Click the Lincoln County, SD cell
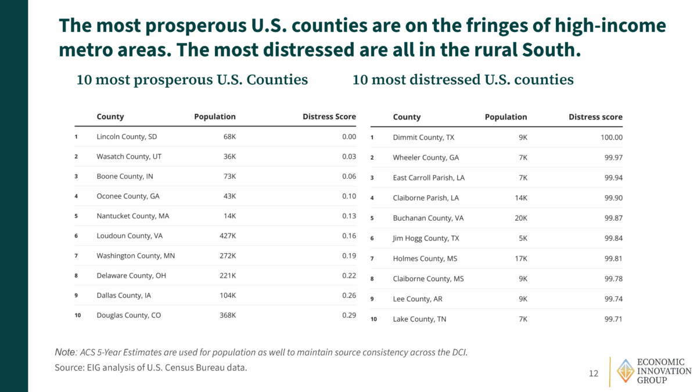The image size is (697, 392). (127, 137)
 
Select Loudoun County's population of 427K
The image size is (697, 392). (227, 236)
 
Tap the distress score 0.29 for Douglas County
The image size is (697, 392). (348, 315)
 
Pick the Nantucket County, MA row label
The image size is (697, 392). (133, 216)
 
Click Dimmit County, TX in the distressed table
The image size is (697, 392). (423, 138)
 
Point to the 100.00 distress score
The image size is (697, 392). (610, 138)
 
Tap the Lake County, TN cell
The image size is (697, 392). (419, 319)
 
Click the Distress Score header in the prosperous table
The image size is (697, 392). (329, 117)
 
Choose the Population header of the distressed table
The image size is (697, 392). (506, 117)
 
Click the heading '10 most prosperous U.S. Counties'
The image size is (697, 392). (192, 80)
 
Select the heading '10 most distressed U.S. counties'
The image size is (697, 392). (463, 80)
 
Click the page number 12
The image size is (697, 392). (593, 373)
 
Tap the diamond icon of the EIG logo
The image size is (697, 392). (625, 371)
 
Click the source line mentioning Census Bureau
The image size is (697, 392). (155, 367)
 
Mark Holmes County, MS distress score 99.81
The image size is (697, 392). (613, 258)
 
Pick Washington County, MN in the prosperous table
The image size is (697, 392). (135, 256)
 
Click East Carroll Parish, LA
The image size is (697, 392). (429, 178)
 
